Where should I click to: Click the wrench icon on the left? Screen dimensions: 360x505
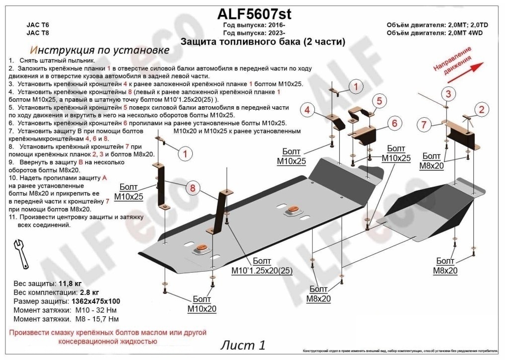pos(21,253)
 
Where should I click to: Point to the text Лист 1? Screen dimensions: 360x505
pos(243,345)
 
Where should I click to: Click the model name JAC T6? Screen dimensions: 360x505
pos(38,25)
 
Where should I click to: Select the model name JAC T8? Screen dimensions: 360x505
pos(38,33)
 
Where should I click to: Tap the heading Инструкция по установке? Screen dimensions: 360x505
pos(99,50)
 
